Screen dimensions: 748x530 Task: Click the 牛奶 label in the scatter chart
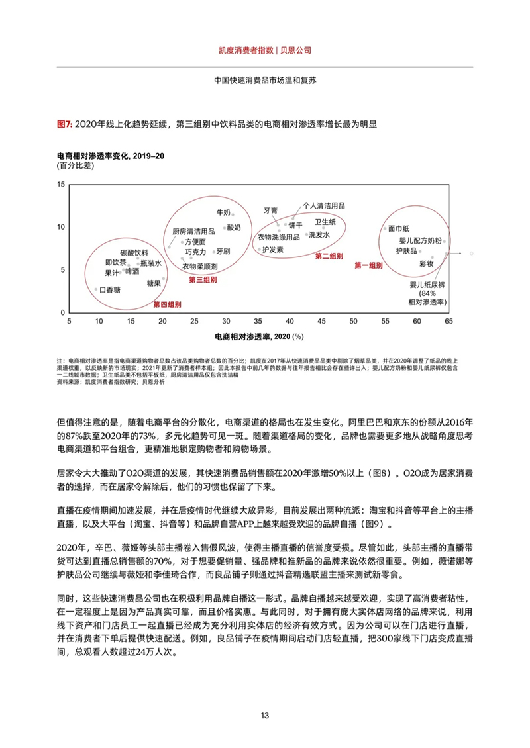click(x=223, y=212)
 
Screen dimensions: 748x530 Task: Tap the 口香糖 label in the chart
click(x=108, y=290)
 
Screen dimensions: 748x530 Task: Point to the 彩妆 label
click(x=426, y=263)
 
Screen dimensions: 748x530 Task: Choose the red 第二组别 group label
click(x=329, y=256)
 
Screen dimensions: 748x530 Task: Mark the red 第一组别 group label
click(x=369, y=265)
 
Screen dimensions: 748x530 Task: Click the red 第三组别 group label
click(x=203, y=280)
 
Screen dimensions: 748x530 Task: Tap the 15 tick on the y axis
click(x=62, y=184)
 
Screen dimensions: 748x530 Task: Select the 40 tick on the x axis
click(x=290, y=321)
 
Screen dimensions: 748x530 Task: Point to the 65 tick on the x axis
click(x=449, y=321)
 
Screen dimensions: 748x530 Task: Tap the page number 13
click(x=265, y=715)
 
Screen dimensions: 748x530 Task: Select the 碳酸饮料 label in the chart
click(x=134, y=252)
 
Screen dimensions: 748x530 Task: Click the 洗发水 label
click(x=318, y=234)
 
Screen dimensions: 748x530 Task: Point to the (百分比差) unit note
click(x=72, y=165)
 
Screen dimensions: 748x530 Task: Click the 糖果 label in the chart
click(x=154, y=283)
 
